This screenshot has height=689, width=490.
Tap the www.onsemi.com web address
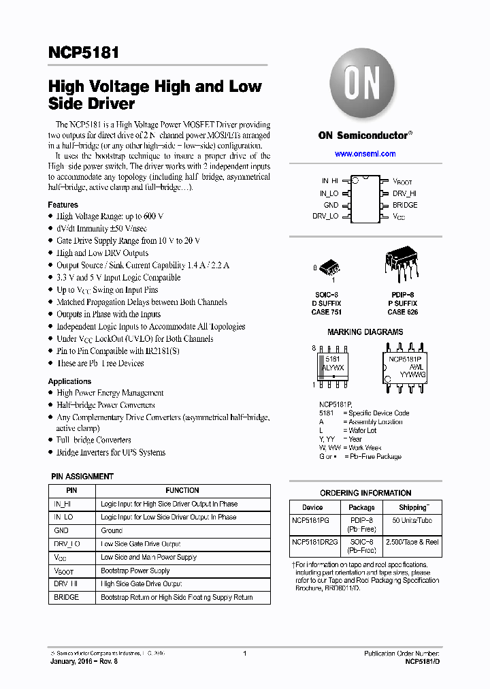tap(365, 155)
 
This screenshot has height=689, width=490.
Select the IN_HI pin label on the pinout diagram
tap(329, 181)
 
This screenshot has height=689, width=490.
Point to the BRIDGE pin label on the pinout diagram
tap(405, 205)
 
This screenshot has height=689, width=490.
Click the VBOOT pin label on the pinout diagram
tap(402, 182)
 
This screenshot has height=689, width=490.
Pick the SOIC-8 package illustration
tap(328, 266)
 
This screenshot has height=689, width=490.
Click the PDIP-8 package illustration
tap(402, 261)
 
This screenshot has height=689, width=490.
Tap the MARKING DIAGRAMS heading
tap(365, 332)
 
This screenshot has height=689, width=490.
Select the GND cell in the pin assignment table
tap(61, 530)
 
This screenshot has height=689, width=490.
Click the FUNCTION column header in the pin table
tap(182, 490)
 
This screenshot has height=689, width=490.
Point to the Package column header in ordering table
tap(361, 507)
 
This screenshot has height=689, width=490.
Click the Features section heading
tap(63, 205)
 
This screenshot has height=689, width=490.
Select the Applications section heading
tap(69, 381)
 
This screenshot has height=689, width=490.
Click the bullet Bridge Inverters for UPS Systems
tap(111, 453)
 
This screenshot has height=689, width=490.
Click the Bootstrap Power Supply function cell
tap(135, 571)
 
